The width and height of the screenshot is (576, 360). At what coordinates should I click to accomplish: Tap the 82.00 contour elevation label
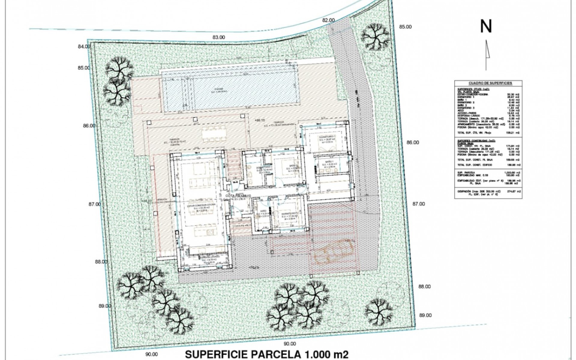328,20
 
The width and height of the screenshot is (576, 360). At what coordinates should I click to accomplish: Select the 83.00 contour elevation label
218,37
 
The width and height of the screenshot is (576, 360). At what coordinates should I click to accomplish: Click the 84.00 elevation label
84,46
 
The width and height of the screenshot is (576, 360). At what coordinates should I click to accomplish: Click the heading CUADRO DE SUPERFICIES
488,83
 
